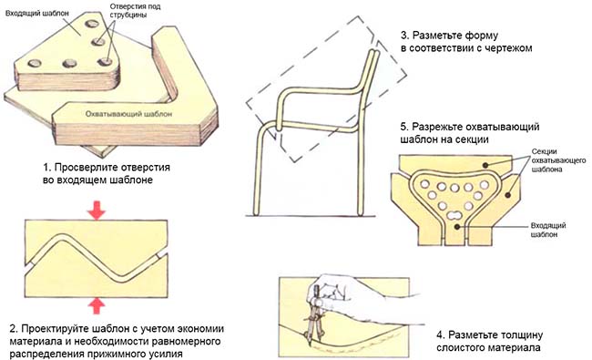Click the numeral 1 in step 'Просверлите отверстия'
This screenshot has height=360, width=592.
click(46, 169)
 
